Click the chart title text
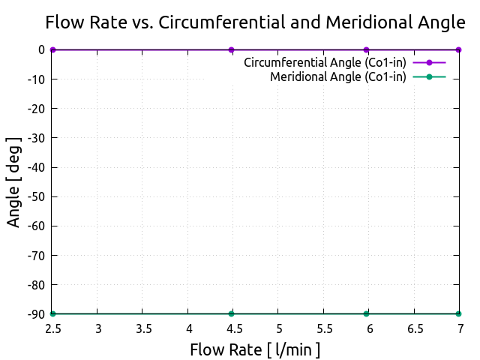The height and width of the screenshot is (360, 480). coord(255,22)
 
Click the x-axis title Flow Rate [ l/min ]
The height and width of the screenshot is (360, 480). coord(255,349)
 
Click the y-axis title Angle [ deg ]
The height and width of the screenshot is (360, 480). coord(14,181)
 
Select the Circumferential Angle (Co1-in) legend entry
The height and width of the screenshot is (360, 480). coord(325,62)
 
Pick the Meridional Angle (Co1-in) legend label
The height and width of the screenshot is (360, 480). coord(337,76)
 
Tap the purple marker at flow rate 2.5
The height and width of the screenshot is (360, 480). coord(52,49)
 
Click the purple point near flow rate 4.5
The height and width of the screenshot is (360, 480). coord(232,49)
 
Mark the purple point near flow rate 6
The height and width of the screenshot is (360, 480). coord(366,49)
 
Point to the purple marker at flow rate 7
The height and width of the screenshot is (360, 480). coord(458,49)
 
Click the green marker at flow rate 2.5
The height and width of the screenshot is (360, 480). coord(52,313)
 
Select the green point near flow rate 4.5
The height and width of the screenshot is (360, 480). coord(232,313)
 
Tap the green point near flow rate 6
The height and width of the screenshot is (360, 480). coord(366,313)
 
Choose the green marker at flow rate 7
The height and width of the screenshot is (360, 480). coord(458,313)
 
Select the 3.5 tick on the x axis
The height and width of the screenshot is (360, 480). coord(143,328)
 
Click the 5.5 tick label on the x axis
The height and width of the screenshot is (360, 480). coord(324,328)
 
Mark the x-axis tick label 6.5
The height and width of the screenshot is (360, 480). coord(414,328)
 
